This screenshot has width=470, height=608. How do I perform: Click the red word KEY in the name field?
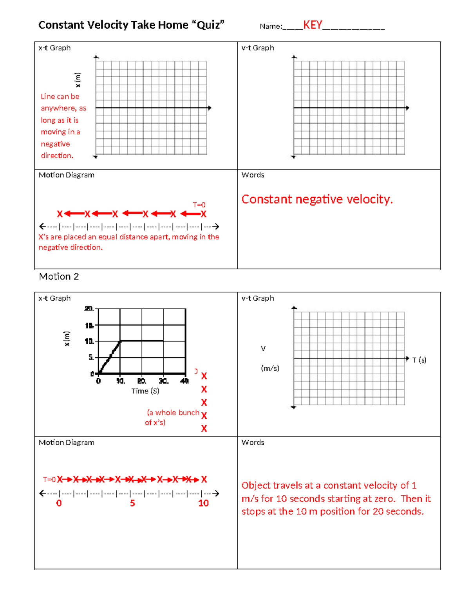click(313, 25)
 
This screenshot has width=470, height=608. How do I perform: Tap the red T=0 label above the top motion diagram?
click(199, 205)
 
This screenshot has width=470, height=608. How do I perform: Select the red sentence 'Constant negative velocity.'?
click(317, 199)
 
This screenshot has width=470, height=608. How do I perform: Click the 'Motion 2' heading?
click(59, 276)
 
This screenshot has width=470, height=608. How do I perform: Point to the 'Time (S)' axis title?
click(145, 391)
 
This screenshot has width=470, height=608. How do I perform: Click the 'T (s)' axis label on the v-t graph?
click(419, 360)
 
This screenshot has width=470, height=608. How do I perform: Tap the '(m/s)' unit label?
click(270, 368)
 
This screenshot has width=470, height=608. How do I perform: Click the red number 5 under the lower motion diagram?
click(132, 503)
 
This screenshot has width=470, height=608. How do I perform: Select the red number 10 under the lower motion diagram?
click(203, 503)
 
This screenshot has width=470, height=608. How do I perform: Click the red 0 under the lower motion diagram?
click(59, 503)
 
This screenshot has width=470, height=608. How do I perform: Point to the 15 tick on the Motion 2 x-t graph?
click(89, 325)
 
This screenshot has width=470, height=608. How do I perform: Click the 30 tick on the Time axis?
click(163, 381)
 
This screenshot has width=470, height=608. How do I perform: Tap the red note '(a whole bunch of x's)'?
click(172, 417)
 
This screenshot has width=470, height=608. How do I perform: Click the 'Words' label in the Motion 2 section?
click(253, 442)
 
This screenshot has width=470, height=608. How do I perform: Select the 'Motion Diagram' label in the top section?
click(66, 175)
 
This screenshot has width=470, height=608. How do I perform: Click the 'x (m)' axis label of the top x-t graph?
click(78, 80)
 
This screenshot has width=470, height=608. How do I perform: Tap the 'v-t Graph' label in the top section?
click(257, 48)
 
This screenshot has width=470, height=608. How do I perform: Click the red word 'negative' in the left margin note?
click(55, 144)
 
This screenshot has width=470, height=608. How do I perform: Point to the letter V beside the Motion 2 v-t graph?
click(263, 348)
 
